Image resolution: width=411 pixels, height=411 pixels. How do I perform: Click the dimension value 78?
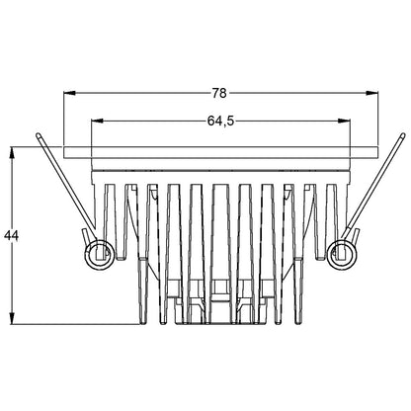click(219, 93)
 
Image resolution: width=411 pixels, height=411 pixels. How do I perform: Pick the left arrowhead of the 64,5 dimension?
click(96, 122)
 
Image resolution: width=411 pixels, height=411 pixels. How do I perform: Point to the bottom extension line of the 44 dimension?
click(79, 324)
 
